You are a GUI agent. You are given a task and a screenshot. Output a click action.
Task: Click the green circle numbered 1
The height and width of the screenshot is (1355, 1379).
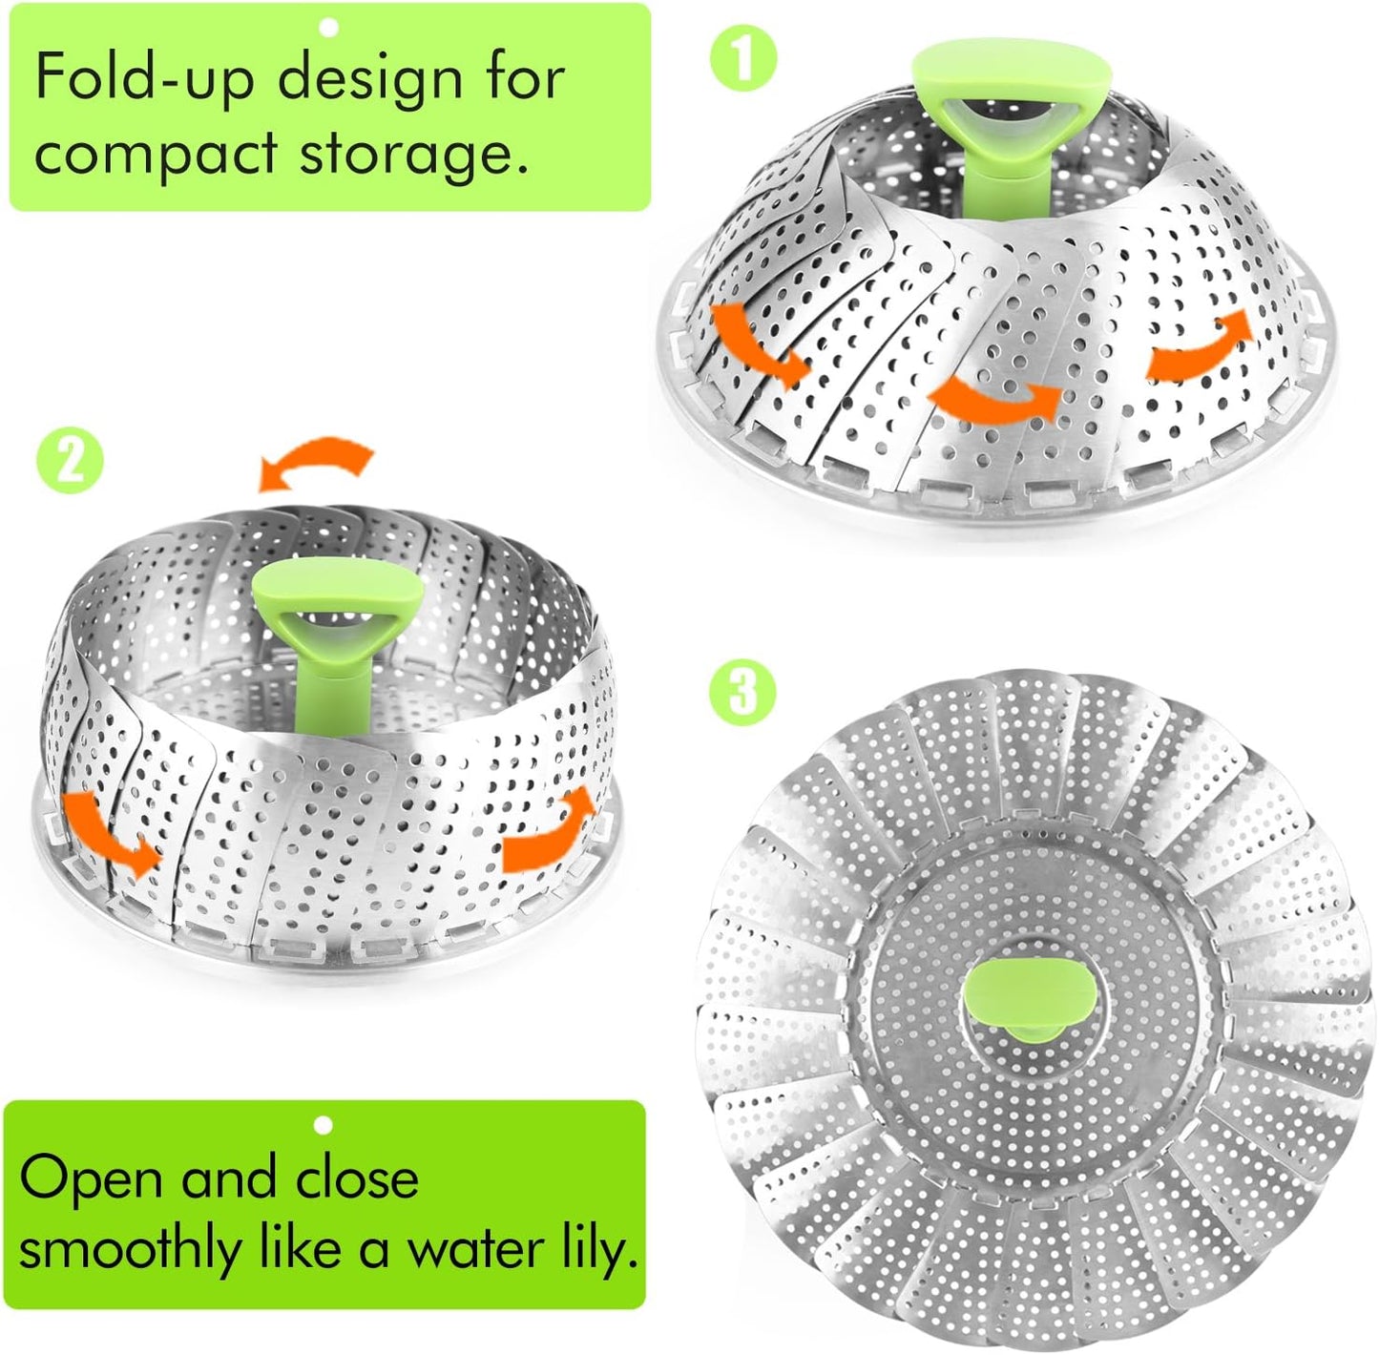(743, 59)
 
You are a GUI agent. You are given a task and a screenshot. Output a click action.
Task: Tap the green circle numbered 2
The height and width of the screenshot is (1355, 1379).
(68, 461)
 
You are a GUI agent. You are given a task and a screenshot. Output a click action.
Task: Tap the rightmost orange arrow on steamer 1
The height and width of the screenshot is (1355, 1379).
(1199, 348)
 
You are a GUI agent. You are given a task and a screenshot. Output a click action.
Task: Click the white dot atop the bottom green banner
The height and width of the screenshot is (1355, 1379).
(324, 1126)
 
